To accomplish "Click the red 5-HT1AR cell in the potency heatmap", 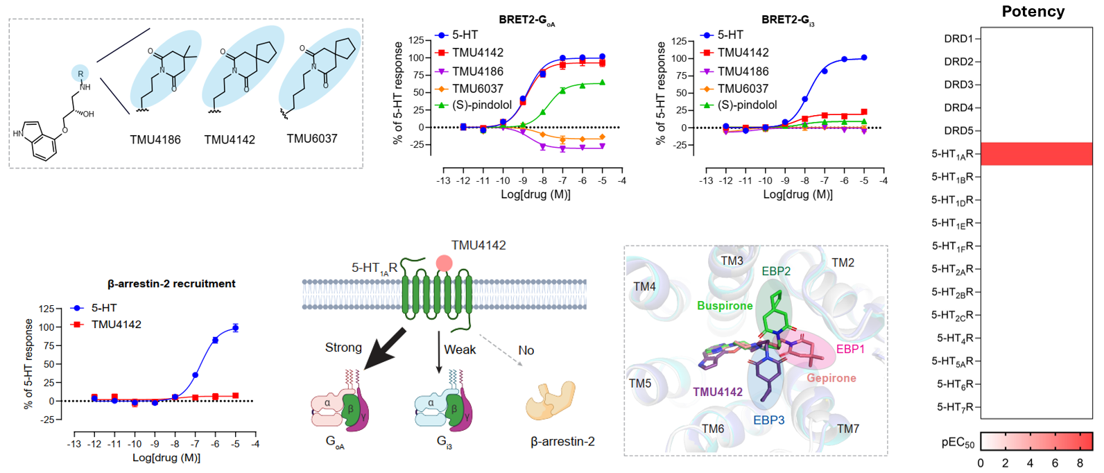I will click(x=1036, y=154).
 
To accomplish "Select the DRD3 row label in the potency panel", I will click(x=958, y=85).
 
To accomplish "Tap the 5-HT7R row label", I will click(x=956, y=407).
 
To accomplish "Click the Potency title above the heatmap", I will click(x=1033, y=12).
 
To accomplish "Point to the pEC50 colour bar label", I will click(x=958, y=443).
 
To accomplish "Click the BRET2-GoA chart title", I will click(x=526, y=20).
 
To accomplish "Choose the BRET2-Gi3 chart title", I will click(x=788, y=20).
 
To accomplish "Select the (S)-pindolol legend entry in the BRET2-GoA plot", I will click(x=481, y=105).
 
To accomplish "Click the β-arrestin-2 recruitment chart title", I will click(x=171, y=284).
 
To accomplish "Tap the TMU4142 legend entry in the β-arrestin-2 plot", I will click(x=116, y=325).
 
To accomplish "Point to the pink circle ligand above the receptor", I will click(x=444, y=264).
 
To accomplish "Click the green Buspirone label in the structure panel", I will click(x=725, y=306).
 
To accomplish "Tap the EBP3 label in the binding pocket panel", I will click(x=768, y=420).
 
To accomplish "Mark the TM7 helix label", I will click(x=847, y=429).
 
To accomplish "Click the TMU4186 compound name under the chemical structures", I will click(x=155, y=140).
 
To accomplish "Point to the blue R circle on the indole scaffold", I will click(x=80, y=74).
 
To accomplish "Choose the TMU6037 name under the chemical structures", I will click(x=312, y=139).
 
